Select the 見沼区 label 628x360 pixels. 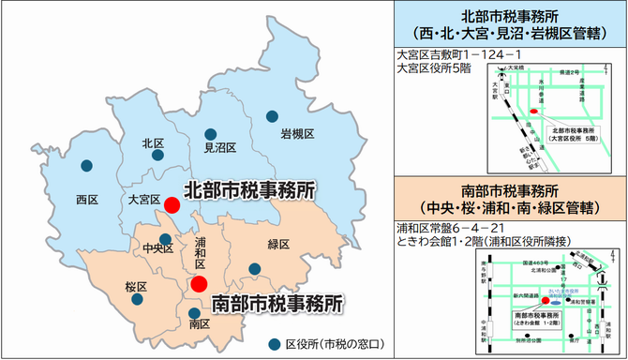(x=219, y=148)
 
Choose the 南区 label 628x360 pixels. (x=199, y=324)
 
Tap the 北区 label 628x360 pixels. (x=153, y=143)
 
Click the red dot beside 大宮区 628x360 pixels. (x=172, y=204)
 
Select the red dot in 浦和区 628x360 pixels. (x=199, y=283)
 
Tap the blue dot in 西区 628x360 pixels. (x=87, y=165)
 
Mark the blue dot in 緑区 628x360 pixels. (x=254, y=269)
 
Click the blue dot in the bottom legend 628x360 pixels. (x=274, y=344)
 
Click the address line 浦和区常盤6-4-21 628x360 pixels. (x=452, y=227)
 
